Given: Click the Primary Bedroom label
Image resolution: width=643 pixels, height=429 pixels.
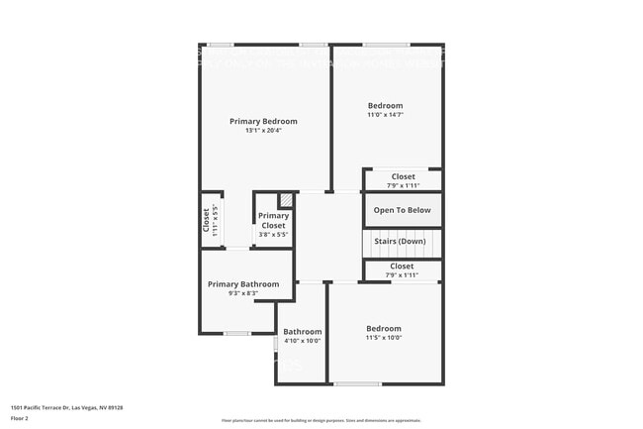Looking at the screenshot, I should pyautogui.click(x=263, y=121).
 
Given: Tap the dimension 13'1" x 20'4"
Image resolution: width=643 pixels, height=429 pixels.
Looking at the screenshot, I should pyautogui.click(x=263, y=131).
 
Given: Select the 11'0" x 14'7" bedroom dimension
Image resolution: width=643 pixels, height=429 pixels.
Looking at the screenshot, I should pyautogui.click(x=385, y=115).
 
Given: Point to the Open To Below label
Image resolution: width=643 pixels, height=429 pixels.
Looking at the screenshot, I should pyautogui.click(x=403, y=210).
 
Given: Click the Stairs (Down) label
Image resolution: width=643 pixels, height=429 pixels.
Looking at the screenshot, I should pyautogui.click(x=400, y=242).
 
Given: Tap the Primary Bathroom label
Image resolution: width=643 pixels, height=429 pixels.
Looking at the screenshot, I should pyautogui.click(x=243, y=284).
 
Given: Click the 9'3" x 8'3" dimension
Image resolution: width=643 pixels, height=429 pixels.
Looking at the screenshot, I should pyautogui.click(x=243, y=293).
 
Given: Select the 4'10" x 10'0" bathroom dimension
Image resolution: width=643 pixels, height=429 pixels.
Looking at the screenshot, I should pyautogui.click(x=302, y=341).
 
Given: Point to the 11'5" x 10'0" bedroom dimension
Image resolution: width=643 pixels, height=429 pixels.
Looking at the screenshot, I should pyautogui.click(x=384, y=338).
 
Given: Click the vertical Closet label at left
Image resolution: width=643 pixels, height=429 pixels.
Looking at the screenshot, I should pyautogui.click(x=206, y=219).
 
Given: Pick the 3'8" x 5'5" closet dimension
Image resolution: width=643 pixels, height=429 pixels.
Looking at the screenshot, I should pyautogui.click(x=273, y=235).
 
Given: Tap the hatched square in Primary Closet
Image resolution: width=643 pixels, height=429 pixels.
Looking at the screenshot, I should pyautogui.click(x=285, y=199).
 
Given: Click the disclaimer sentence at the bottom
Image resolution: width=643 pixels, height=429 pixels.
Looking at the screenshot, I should pyautogui.click(x=321, y=421).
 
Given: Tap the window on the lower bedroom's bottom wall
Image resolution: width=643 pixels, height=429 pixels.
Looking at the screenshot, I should pyautogui.click(x=356, y=383).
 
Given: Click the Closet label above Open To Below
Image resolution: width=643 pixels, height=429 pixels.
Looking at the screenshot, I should pyautogui.click(x=403, y=176).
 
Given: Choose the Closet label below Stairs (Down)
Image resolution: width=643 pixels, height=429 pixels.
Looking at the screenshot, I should pyautogui.click(x=402, y=266).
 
